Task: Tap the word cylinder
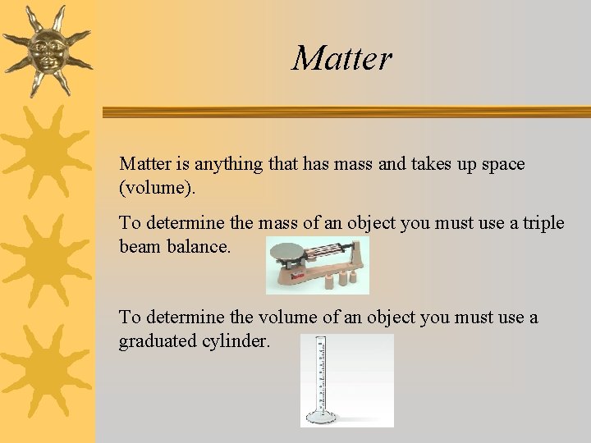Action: [236, 340]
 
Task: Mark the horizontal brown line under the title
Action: [345, 112]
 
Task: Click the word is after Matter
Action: [174, 164]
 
